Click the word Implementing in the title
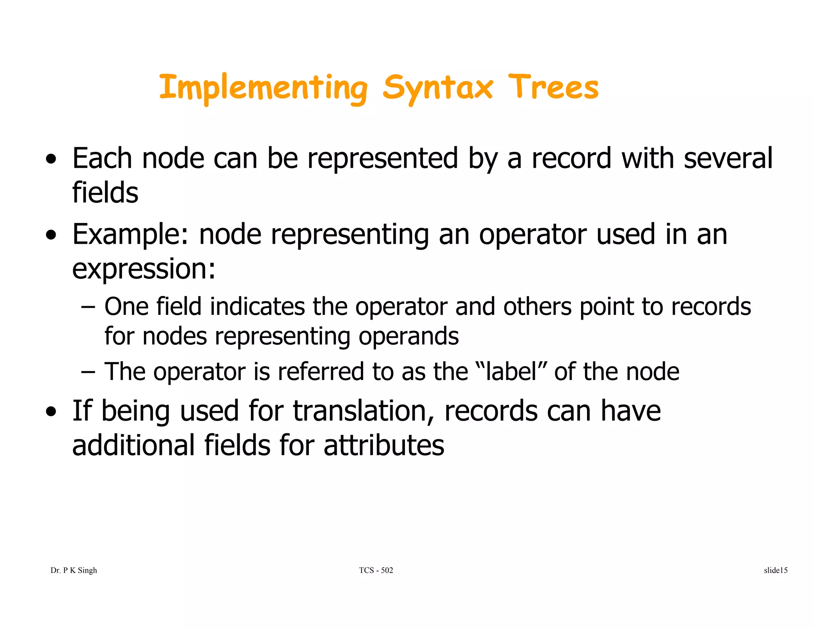click(x=263, y=88)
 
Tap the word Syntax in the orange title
click(x=437, y=88)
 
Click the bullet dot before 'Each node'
click(x=51, y=159)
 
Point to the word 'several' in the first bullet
click(x=728, y=158)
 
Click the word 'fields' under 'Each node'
click(x=105, y=193)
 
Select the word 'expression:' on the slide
click(x=143, y=269)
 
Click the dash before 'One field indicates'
click(x=88, y=307)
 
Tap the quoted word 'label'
click(x=512, y=372)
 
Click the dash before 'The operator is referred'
click(x=88, y=372)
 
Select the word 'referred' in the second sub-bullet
click(x=320, y=372)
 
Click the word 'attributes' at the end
click(x=384, y=445)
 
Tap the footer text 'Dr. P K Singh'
click(x=74, y=571)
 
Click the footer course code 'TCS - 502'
click(x=376, y=571)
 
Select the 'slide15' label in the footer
click(x=775, y=571)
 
